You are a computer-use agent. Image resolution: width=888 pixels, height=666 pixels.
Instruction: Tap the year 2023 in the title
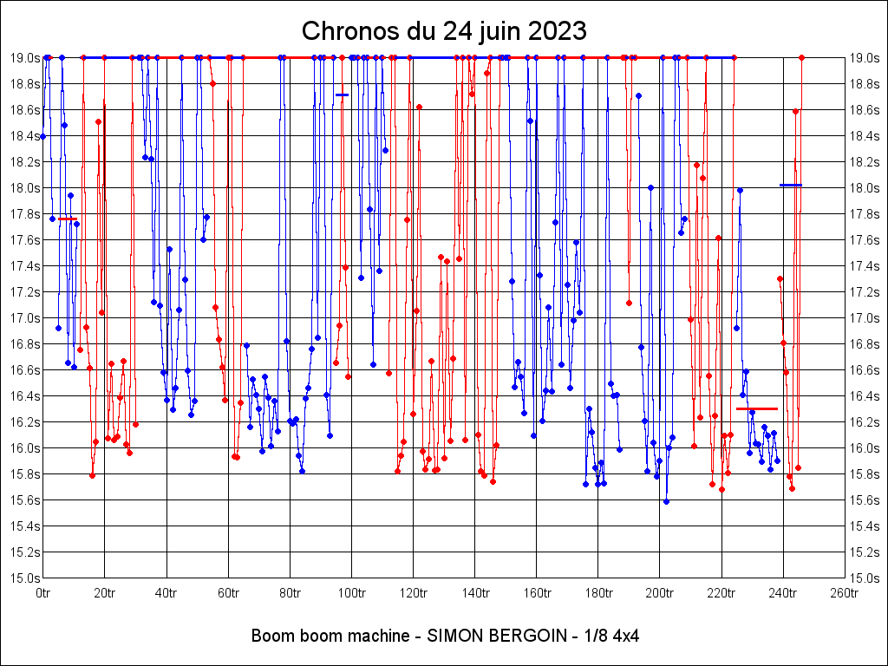click(x=551, y=31)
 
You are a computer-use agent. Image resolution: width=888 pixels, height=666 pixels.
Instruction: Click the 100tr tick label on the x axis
click(x=351, y=593)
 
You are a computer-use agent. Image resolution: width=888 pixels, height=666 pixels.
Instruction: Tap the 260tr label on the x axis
click(x=845, y=593)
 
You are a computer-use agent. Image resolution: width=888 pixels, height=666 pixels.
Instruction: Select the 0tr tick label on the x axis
click(x=43, y=593)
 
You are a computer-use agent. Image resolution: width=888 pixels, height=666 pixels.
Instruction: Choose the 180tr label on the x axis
click(x=597, y=593)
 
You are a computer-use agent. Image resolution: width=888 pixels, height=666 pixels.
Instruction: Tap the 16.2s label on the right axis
click(x=865, y=421)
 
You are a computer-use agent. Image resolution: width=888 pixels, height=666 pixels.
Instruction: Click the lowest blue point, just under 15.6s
click(x=666, y=501)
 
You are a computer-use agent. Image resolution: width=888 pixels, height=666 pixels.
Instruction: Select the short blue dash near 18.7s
click(x=343, y=95)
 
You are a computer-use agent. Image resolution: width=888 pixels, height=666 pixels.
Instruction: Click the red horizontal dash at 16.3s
click(x=757, y=408)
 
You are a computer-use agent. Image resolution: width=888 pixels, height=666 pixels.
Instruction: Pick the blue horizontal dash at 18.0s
click(x=791, y=185)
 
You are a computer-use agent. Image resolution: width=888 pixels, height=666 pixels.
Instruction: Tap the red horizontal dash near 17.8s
click(x=68, y=219)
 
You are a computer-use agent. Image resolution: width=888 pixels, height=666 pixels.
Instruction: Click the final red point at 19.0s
click(x=802, y=57)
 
